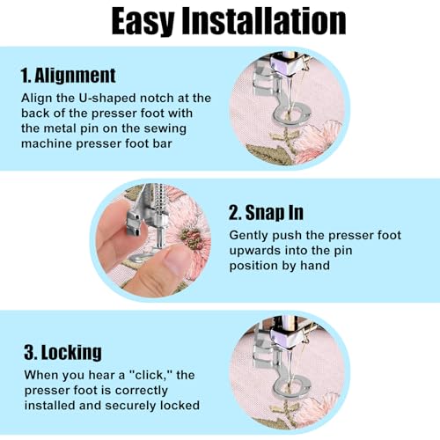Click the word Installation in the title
click(x=264, y=20)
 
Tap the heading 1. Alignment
click(x=69, y=76)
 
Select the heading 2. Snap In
click(x=266, y=212)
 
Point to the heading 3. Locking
click(x=62, y=352)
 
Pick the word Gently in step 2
click(x=248, y=236)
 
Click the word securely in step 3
click(x=132, y=406)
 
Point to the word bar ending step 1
click(x=162, y=143)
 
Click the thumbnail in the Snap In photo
click(x=175, y=260)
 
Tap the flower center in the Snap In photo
click(x=192, y=237)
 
